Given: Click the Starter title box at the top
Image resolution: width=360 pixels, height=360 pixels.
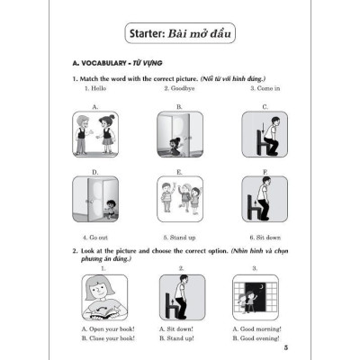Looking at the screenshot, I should pyautogui.click(x=179, y=36).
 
